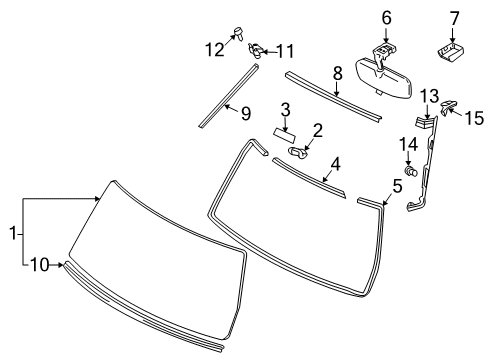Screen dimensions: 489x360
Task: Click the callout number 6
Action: (386, 18)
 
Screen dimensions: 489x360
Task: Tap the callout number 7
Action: (454, 18)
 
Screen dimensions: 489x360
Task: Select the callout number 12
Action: (214, 50)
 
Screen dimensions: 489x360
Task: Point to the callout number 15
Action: (474, 118)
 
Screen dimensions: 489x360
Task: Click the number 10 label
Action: (40, 265)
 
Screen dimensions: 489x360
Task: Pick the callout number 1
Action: (13, 233)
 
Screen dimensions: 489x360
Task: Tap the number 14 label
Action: (408, 145)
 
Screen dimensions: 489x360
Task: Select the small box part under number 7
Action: (451, 53)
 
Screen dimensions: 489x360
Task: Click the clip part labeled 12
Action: (238, 33)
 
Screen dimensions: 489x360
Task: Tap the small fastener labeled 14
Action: (411, 171)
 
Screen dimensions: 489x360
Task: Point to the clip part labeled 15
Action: (448, 106)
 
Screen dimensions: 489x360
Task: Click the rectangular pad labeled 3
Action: (285, 134)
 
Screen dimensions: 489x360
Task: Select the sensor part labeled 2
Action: (298, 152)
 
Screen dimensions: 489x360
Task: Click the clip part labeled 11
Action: (256, 50)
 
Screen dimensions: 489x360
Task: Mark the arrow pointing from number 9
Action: (232, 108)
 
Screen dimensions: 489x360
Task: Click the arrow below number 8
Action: (337, 89)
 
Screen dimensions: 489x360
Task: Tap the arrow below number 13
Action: (427, 111)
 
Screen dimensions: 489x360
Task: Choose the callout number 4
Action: (335, 164)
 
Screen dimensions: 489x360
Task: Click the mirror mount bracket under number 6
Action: (383, 53)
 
